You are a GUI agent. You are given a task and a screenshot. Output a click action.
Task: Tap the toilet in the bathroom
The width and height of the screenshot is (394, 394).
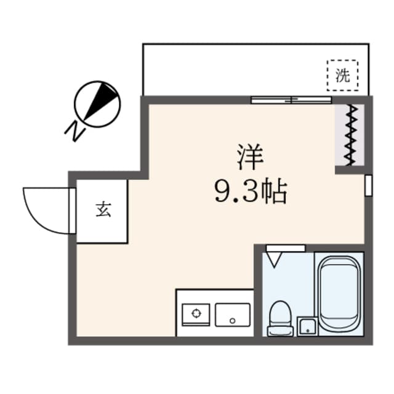point(280,318)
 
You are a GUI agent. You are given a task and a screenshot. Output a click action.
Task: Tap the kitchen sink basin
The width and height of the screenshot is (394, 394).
point(233,315)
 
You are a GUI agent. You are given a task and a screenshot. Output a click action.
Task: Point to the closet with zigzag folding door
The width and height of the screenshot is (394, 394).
point(351,135)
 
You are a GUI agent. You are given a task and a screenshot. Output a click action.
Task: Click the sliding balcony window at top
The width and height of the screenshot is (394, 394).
point(291,99)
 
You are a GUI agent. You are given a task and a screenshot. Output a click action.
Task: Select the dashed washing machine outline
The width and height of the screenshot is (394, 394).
point(342,74)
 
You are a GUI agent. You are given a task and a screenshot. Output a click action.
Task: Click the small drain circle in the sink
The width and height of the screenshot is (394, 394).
point(233,320)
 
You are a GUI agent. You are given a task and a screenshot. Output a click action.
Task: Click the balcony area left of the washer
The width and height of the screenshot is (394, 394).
point(234,69)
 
